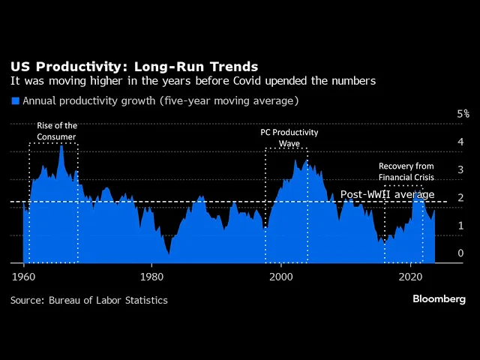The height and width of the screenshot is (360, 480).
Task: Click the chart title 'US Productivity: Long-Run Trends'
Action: [133, 67]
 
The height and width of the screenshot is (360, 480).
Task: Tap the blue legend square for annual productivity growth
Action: [14, 100]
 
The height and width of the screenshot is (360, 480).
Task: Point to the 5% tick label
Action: [463, 114]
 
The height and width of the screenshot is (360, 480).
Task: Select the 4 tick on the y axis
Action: [460, 142]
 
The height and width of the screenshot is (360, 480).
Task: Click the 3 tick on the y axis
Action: [460, 170]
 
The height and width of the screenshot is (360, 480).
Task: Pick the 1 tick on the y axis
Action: [460, 226]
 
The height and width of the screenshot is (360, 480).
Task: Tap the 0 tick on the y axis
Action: [460, 254]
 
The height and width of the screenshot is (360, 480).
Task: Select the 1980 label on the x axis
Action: [151, 275]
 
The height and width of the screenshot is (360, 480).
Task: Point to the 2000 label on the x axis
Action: [281, 275]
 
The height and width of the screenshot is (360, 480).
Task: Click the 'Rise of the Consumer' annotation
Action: [57, 131]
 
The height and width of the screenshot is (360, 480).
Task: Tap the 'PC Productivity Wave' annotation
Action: [289, 137]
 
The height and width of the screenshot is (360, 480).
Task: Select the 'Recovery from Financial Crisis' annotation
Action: [405, 172]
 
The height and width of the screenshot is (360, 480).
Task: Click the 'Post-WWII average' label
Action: [387, 194]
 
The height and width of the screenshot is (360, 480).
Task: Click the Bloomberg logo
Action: [439, 299]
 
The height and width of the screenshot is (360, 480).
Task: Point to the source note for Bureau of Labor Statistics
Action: [89, 300]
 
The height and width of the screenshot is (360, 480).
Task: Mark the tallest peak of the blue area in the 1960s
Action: [61, 145]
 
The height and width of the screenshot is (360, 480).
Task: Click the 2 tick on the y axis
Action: [460, 198]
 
